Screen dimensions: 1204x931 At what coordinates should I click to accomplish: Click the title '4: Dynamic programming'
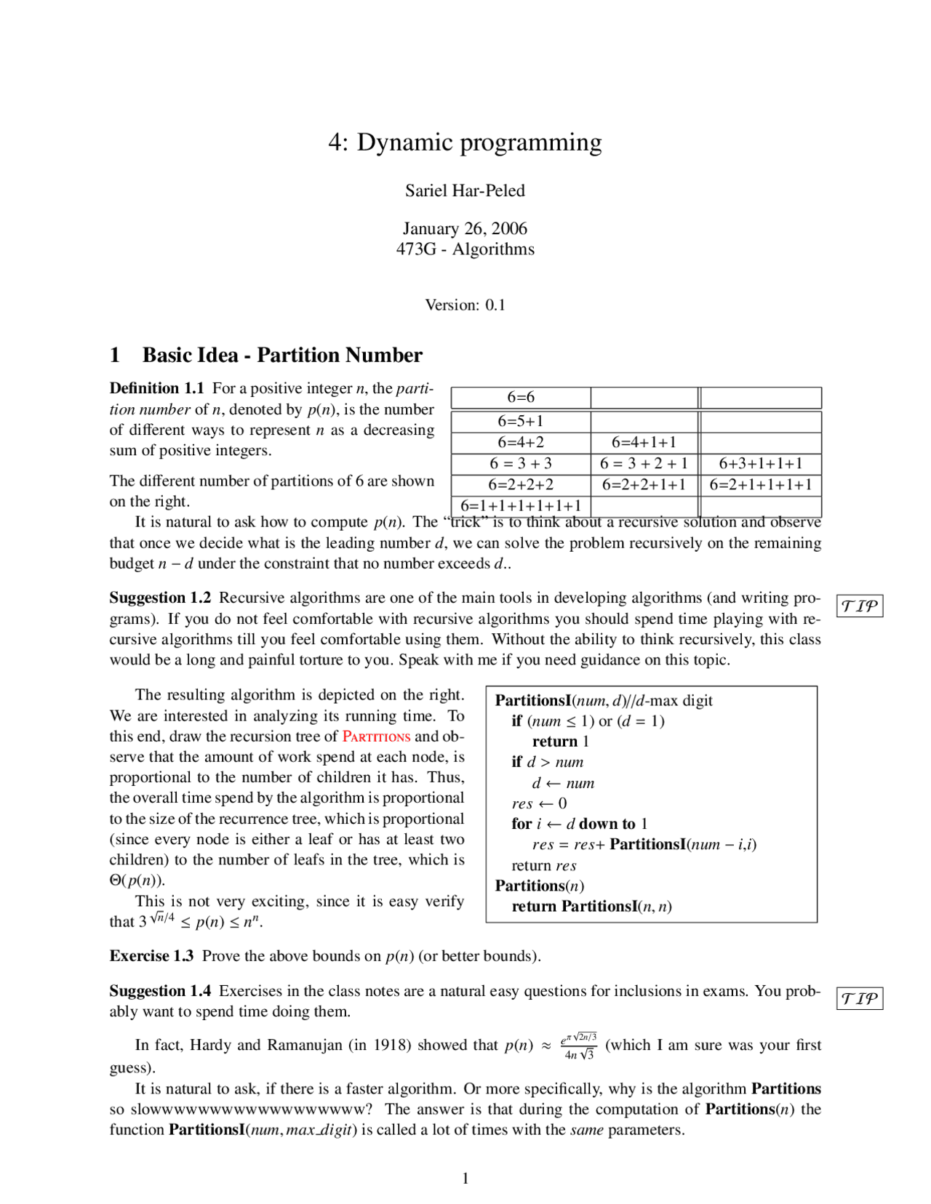(x=465, y=143)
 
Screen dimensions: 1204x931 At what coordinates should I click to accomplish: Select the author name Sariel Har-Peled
(x=465, y=190)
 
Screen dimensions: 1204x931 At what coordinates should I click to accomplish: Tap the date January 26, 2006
(x=465, y=228)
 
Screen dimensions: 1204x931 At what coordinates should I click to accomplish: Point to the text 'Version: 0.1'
(x=465, y=305)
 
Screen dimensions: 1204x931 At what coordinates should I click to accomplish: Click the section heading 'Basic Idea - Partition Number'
(x=282, y=355)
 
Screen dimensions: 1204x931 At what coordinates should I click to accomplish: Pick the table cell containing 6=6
(x=521, y=397)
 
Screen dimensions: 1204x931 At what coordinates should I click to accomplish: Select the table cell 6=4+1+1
(x=644, y=442)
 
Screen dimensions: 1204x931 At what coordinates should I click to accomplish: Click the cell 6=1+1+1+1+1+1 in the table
(x=521, y=506)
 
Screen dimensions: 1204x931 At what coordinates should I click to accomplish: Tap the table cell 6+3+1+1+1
(x=761, y=463)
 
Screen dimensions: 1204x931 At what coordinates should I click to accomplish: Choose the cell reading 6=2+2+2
(x=521, y=484)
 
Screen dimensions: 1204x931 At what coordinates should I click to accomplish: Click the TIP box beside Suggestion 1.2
(x=860, y=606)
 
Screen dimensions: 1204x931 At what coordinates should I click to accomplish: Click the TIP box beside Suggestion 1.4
(x=860, y=998)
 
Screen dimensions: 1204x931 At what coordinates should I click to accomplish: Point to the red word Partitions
(x=376, y=737)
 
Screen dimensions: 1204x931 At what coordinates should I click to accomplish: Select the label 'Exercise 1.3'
(x=151, y=955)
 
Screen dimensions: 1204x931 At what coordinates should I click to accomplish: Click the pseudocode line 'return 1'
(x=560, y=742)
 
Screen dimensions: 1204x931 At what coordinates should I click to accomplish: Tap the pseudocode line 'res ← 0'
(x=539, y=803)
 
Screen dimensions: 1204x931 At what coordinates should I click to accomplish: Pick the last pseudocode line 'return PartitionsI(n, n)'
(x=591, y=906)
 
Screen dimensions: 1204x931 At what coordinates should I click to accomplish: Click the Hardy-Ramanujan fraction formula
(x=579, y=1046)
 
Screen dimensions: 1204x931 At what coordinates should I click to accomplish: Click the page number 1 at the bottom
(x=465, y=1179)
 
